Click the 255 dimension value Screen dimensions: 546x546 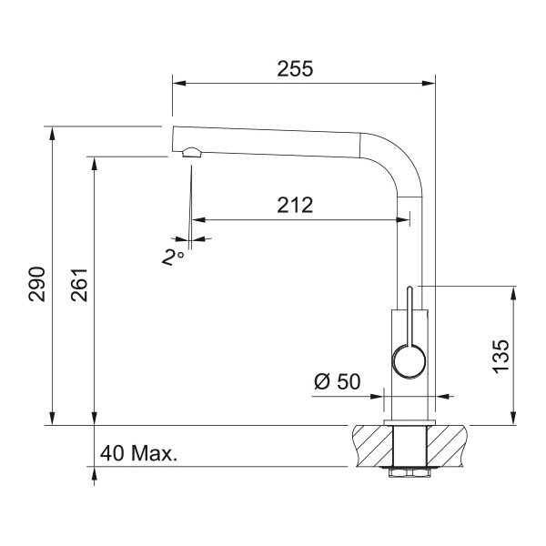[295, 68]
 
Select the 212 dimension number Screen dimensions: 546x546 [295, 205]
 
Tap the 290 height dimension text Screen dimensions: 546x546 [37, 284]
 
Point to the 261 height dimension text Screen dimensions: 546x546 [79, 285]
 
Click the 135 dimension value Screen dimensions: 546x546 [501, 356]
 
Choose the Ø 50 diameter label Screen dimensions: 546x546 [337, 381]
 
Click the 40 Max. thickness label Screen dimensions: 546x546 [138, 453]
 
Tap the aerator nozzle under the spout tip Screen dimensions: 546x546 [191, 152]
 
